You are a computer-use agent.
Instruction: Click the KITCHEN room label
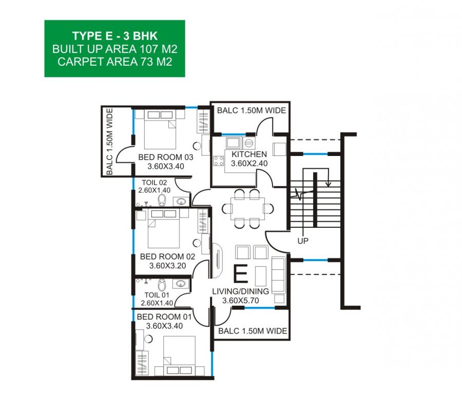tap(249, 154)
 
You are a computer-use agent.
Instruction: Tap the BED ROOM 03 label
tap(166, 157)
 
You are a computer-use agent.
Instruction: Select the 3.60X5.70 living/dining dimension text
tap(240, 301)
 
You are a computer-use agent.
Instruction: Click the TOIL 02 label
tap(155, 183)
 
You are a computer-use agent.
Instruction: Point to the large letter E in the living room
tap(240, 274)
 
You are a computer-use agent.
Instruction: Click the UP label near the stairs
tap(303, 241)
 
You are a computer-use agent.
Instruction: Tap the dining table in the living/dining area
tap(248, 209)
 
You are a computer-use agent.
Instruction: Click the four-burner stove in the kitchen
tap(219, 162)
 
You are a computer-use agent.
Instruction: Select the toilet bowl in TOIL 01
tap(162, 285)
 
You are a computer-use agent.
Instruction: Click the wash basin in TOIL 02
tap(181, 201)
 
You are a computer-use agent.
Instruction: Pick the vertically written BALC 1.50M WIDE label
tap(109, 141)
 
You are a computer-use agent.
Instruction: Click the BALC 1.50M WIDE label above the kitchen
tap(252, 110)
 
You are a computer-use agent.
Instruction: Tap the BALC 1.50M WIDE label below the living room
tap(253, 331)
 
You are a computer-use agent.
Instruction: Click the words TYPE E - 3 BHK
tap(115, 36)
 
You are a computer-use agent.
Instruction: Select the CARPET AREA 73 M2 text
tap(115, 62)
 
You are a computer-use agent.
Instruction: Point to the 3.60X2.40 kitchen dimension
tap(249, 163)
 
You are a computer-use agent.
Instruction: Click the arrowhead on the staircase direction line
tap(328, 184)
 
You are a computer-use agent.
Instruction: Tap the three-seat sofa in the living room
tap(278, 275)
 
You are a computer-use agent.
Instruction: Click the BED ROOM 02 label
tap(167, 257)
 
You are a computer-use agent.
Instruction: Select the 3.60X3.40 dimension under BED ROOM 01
tap(164, 326)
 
